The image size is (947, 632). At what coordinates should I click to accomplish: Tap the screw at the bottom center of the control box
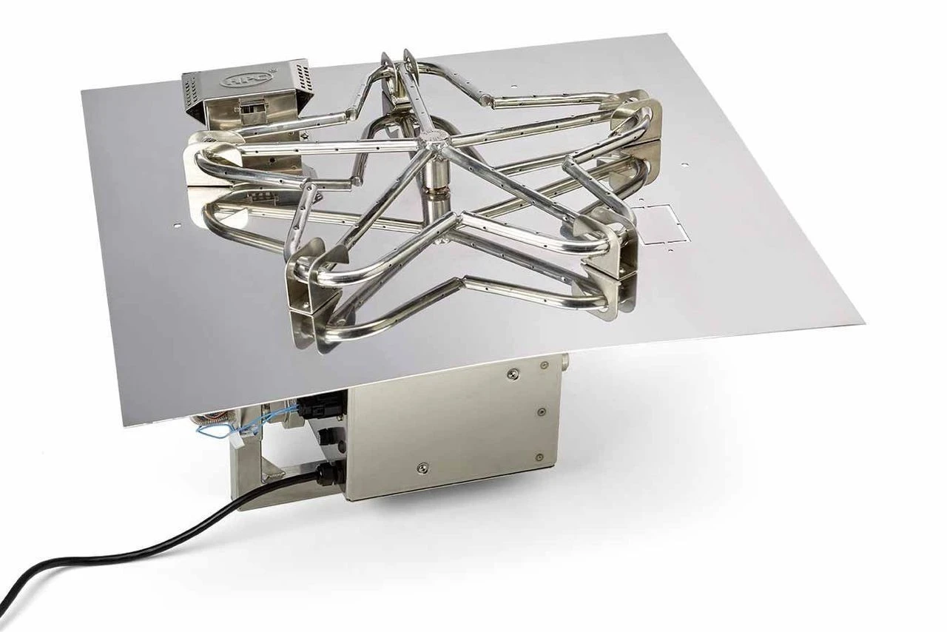422,467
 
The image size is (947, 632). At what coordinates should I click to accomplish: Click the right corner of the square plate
862,323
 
